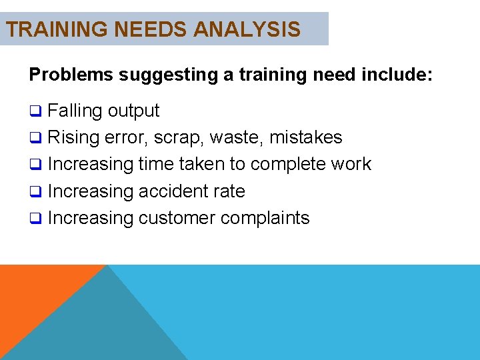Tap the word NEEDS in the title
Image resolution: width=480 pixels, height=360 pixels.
[x=145, y=29]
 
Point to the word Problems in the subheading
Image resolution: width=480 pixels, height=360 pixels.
[x=71, y=75]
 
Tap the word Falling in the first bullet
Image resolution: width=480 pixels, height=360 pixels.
[x=75, y=111]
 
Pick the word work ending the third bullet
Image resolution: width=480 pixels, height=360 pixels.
[x=353, y=164]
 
